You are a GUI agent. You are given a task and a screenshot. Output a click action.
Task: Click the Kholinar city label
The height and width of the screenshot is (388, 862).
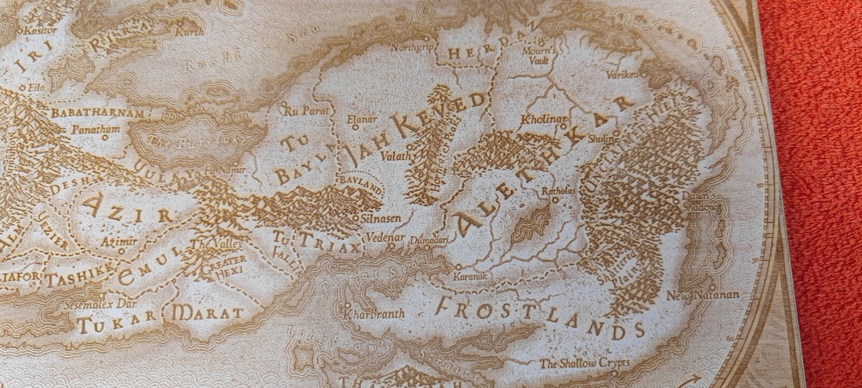tap(544, 119)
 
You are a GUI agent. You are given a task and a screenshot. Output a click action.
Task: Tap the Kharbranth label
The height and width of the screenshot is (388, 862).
tap(374, 314)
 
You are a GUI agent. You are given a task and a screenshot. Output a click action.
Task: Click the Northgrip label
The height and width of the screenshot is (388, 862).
tap(413, 47)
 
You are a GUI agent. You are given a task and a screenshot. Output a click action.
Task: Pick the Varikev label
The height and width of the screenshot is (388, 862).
tap(622, 74)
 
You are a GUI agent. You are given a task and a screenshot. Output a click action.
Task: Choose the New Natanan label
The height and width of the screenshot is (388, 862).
tap(702, 295)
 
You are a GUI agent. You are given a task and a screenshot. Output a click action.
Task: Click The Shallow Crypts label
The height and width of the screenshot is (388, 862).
tap(583, 364)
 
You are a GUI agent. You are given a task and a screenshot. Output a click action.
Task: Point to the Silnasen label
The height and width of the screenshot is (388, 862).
tap(383, 216)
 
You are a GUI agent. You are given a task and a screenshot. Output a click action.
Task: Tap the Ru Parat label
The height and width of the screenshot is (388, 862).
tap(300, 111)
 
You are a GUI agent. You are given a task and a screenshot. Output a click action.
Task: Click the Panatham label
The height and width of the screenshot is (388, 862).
tap(96, 129)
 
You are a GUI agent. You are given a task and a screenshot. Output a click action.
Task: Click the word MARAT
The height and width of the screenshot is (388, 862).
tap(208, 313)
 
